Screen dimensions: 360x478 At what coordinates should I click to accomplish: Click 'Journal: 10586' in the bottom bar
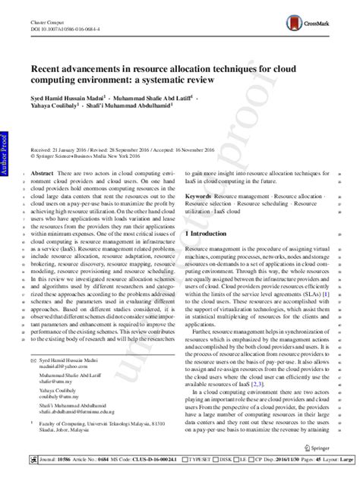coord(48,460)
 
